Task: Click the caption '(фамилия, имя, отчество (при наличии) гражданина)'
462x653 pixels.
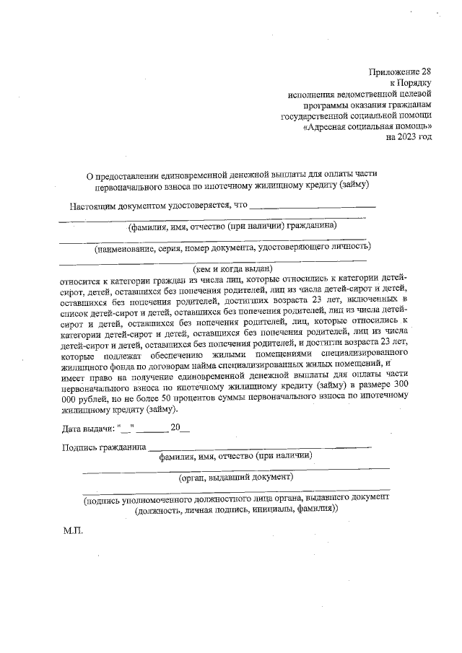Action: [231, 226]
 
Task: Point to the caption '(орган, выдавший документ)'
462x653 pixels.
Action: [236, 477]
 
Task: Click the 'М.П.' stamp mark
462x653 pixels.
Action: [74, 531]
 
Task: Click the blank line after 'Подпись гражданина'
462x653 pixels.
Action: [260, 449]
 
